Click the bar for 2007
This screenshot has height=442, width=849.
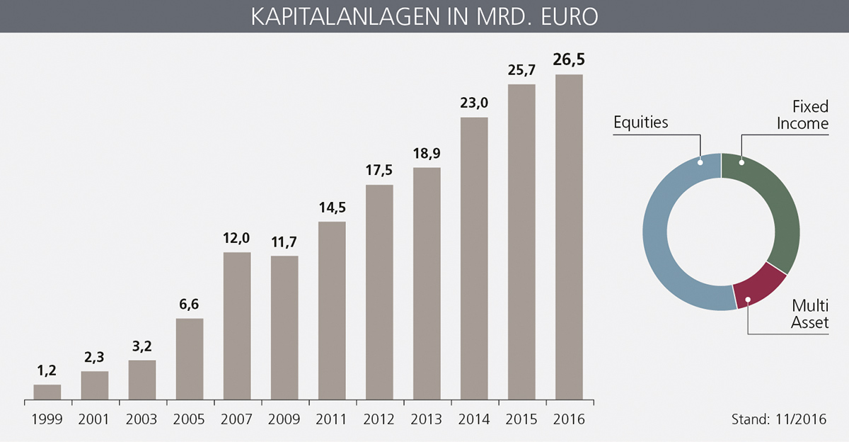point(237,326)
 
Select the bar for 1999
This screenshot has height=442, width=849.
point(47,392)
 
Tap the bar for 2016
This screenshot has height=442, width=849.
point(569,237)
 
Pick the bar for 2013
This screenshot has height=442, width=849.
point(427,283)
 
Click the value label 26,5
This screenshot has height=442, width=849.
point(569,59)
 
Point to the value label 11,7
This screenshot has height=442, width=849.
point(284,242)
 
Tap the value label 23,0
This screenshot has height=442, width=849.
point(474,103)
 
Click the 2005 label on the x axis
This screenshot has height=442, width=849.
point(190,419)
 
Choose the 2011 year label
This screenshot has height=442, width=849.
point(332,419)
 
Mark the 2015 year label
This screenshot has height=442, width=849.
point(521,419)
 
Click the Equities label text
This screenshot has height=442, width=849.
point(640,122)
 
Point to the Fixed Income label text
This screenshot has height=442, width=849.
point(802,115)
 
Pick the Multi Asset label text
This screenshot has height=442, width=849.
point(809,314)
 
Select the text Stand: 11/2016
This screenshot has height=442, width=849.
point(778,419)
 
